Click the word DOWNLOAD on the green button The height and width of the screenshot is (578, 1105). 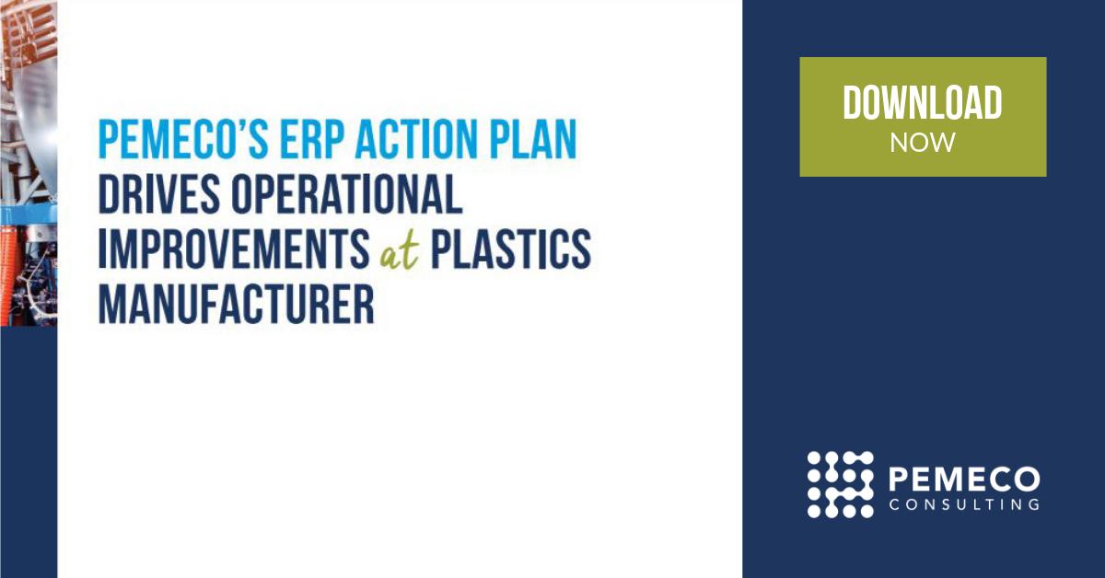click(923, 103)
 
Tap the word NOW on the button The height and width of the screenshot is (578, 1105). click(923, 143)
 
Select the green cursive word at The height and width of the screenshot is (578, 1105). click(399, 252)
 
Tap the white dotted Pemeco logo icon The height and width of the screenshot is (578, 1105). click(840, 484)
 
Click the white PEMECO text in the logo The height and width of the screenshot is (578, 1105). click(965, 479)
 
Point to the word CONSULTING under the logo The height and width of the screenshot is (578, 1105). click(965, 504)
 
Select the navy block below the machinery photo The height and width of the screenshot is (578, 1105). click(28, 451)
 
